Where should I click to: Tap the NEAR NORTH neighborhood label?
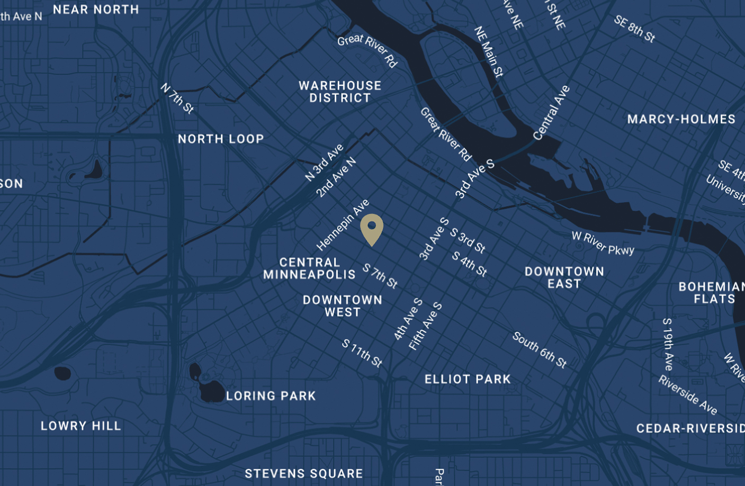coord(96,10)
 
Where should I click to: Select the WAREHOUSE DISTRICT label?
coord(340,92)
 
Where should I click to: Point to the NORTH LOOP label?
coord(221,139)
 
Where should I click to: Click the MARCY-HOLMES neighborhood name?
coord(681,119)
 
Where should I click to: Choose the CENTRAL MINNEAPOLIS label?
coord(310,268)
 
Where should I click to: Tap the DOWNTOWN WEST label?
coord(343,306)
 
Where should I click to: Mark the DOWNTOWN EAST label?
coord(564,277)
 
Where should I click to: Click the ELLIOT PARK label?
coord(468,379)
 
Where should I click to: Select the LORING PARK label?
coord(271,395)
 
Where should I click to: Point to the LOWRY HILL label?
coord(81,426)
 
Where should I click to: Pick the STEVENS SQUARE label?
coord(304,473)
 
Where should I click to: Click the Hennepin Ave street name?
coord(343,225)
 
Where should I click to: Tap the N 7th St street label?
coord(177,98)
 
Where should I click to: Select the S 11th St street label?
coord(362,353)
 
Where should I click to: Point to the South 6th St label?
coord(540,350)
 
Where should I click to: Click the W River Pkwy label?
coord(603,244)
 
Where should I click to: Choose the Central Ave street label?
coord(551,113)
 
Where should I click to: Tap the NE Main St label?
coord(488,52)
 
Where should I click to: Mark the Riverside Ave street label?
coord(688,395)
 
